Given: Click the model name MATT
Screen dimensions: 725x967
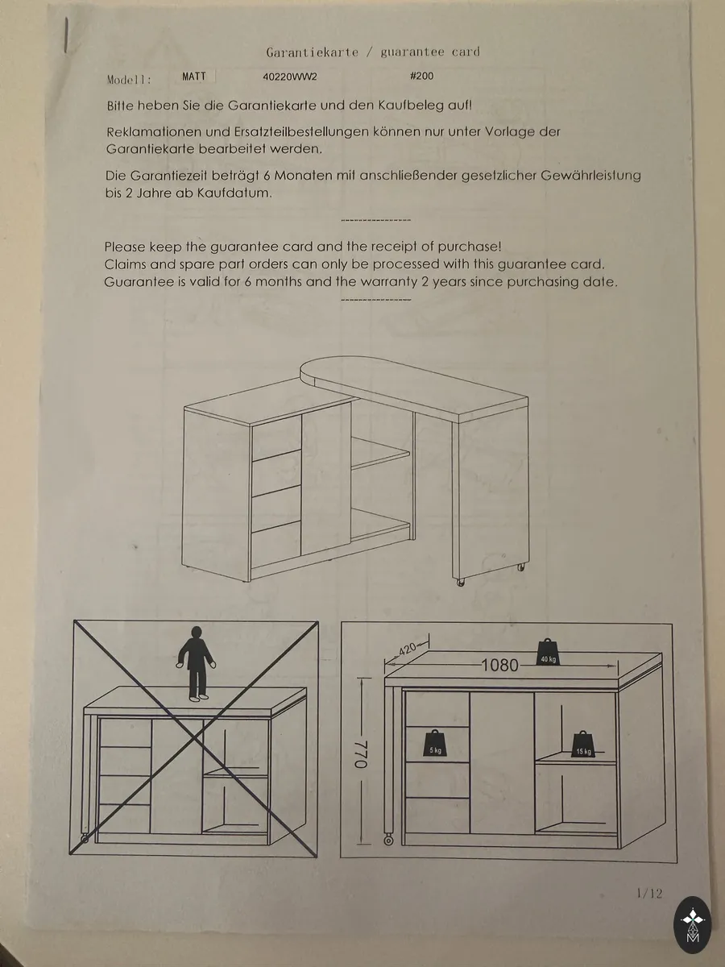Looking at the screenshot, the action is pos(194,77).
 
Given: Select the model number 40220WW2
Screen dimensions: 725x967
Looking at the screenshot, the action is pos(290,77).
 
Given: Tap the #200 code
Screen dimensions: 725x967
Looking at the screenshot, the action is pos(421,76).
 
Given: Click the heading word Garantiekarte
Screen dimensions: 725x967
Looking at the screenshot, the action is pos(312,52).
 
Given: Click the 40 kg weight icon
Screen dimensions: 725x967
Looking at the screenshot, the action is pos(548,652).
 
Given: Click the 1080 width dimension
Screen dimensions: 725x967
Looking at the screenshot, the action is pos(499,666).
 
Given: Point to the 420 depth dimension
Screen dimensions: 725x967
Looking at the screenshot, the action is pos(407,650).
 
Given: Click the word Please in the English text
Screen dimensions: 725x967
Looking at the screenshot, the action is pos(125,247).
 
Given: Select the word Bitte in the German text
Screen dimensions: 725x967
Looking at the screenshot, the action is pos(120,106).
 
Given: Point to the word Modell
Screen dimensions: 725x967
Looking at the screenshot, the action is pos(129,80).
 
